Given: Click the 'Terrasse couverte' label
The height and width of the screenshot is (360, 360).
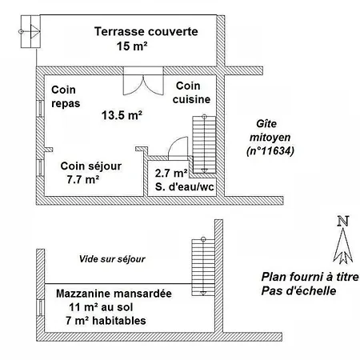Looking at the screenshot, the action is point(146,31).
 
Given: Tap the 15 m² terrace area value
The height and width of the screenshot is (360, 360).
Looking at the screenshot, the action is point(132,46).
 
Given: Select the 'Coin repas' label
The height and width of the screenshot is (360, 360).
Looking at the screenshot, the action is point(66,96).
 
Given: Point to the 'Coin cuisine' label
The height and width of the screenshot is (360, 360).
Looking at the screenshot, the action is point(191,93).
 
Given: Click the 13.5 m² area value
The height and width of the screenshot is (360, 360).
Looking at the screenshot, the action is point(122,115).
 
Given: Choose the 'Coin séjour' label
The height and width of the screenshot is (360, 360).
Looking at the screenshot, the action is point(91,166).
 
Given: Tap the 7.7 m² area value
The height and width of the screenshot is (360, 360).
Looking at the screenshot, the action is point(83,179).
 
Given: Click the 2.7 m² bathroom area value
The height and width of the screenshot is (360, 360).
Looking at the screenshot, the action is point(171,173).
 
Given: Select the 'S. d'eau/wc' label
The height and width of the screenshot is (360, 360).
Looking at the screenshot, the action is point(185,186).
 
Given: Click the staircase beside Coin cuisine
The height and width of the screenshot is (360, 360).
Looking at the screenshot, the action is point(204,144).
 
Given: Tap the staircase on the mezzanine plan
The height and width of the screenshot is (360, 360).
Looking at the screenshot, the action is point(203,267).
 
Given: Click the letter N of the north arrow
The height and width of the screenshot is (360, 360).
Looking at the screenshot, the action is point(343,221).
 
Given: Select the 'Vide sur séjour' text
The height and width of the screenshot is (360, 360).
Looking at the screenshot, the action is point(112,259).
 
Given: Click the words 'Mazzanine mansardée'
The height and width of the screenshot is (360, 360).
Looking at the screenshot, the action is point(114,294).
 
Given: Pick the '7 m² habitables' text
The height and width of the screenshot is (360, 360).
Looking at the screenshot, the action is point(106,321).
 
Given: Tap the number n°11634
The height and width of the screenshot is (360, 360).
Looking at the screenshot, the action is point(270,151).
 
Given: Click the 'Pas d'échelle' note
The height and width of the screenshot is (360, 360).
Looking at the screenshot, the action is point(298,290).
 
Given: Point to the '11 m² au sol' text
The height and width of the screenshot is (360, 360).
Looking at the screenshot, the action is point(101,307).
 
